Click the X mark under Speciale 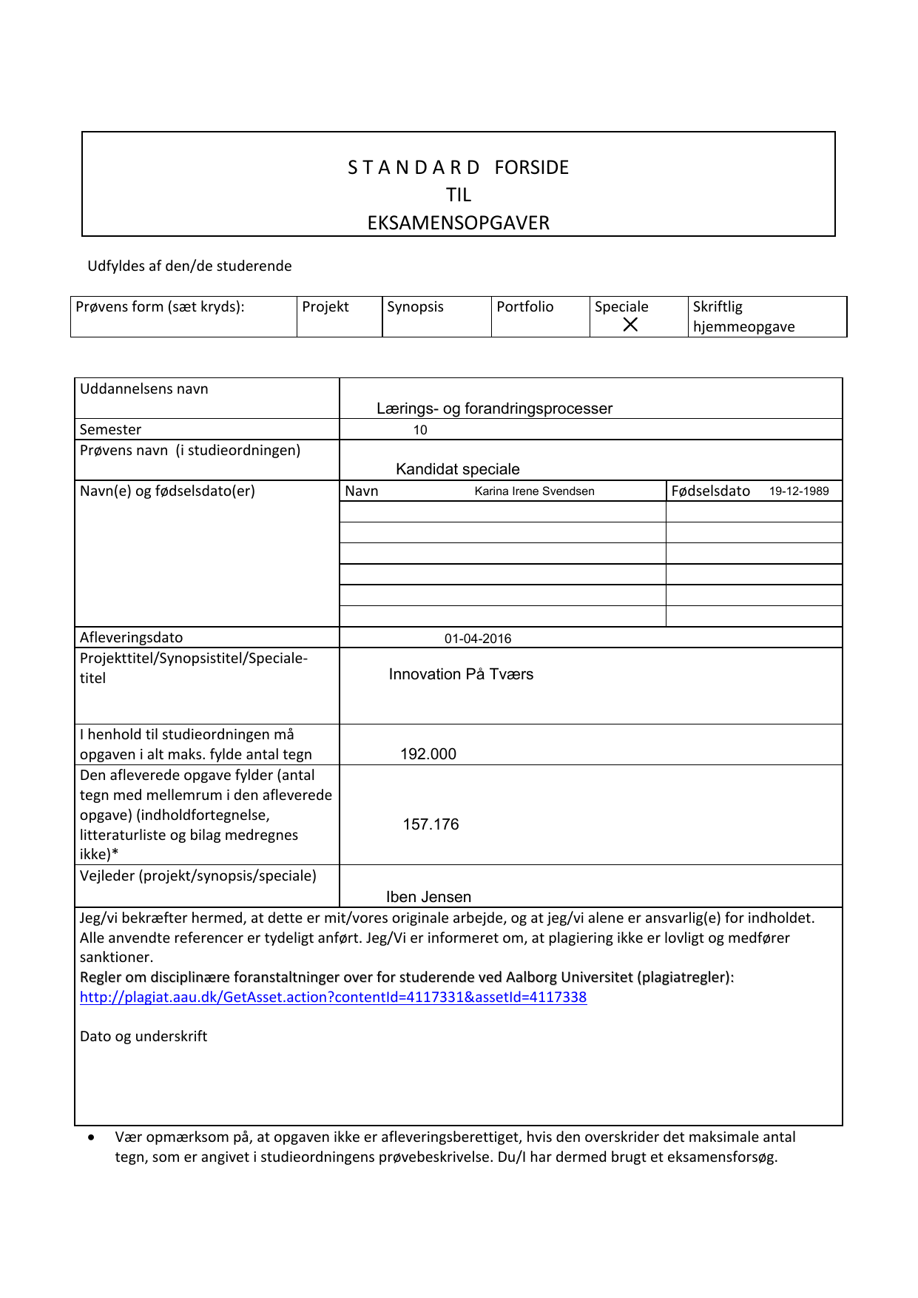click(x=630, y=324)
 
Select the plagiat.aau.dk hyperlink click(x=333, y=997)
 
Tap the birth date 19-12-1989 click(x=799, y=491)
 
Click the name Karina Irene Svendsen click(x=534, y=491)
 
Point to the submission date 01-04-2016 click(x=478, y=639)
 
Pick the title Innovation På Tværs click(x=461, y=674)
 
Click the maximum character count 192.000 click(x=428, y=754)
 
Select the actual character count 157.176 click(x=431, y=824)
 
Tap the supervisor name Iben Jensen click(x=428, y=897)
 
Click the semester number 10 click(x=420, y=430)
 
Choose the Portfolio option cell click(x=540, y=316)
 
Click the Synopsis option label click(x=415, y=307)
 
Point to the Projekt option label click(x=325, y=307)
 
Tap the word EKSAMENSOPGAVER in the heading click(x=459, y=223)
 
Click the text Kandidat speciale click(x=458, y=469)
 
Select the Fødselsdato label click(x=711, y=491)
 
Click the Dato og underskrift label click(x=144, y=1036)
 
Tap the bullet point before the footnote click(x=91, y=1137)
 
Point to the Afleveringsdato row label click(x=131, y=637)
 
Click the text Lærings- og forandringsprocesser click(x=494, y=408)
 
